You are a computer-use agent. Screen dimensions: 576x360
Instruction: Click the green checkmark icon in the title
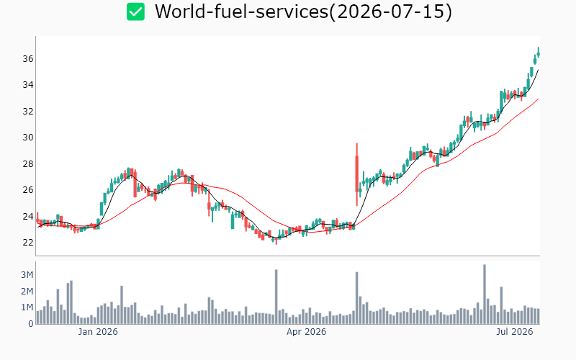[x=135, y=12]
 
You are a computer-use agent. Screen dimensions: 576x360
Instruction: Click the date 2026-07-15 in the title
[x=391, y=12]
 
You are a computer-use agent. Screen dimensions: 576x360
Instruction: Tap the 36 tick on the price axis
[x=28, y=59]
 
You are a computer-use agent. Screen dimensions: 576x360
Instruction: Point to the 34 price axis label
[x=28, y=85]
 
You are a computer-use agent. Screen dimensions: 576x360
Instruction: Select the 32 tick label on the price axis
[x=28, y=112]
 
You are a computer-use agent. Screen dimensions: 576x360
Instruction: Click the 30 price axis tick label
[x=28, y=138]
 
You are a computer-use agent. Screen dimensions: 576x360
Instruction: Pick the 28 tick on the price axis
[x=28, y=164]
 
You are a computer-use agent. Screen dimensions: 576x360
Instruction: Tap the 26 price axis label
[x=28, y=190]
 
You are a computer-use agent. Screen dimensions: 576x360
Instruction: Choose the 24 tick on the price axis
[x=28, y=217]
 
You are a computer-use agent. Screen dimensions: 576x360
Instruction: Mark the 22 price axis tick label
[x=28, y=243]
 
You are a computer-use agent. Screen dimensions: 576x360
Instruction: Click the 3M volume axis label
[x=27, y=275]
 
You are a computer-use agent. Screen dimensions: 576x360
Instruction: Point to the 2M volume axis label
[x=27, y=292]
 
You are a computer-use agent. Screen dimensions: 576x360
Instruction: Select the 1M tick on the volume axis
[x=27, y=307]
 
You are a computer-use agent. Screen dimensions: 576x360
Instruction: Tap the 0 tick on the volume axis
[x=31, y=324]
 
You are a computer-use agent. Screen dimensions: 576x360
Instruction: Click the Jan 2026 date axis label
[x=98, y=332]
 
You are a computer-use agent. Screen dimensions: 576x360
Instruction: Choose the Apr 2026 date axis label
[x=307, y=332]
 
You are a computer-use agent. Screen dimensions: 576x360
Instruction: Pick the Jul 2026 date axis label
[x=515, y=332]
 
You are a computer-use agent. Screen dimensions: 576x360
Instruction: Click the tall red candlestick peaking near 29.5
[x=356, y=174]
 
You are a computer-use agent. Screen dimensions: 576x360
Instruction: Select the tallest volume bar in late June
[x=485, y=294]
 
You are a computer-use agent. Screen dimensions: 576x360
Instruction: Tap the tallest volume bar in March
[x=276, y=297]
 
